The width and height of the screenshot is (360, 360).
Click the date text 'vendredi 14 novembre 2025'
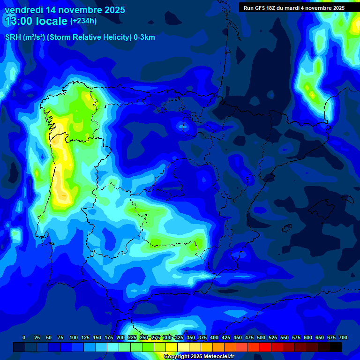point(65,10)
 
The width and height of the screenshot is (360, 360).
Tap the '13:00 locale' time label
point(36,21)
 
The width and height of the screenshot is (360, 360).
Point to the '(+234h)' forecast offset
point(83,21)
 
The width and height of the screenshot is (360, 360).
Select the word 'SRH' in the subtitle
point(13,37)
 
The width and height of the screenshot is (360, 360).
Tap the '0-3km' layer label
point(144,37)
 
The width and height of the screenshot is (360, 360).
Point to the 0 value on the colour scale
point(24,337)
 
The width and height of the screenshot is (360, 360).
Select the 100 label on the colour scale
point(73,337)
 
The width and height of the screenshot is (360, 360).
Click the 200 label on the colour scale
point(120,337)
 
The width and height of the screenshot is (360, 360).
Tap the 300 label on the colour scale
point(167,337)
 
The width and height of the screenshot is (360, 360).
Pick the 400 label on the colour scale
point(214,337)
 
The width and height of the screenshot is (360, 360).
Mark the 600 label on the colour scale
point(307,337)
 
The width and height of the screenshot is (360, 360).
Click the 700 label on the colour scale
point(343,337)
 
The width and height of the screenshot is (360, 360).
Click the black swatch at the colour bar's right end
point(335,347)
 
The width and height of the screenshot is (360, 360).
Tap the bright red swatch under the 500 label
point(265,347)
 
